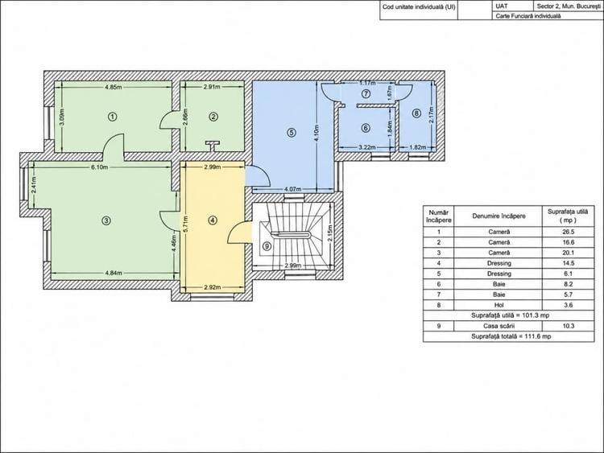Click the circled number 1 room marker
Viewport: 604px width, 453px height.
[x=112, y=116]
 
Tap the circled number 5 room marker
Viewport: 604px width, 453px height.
[x=292, y=133]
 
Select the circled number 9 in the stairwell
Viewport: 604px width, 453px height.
[x=267, y=245]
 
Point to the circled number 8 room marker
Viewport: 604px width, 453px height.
[x=416, y=113]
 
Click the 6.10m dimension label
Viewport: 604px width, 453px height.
[x=99, y=167]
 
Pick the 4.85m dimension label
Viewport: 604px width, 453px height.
[x=114, y=87]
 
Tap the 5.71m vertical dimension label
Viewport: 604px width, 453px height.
[x=186, y=224]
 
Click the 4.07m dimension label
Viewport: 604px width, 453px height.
[x=293, y=189]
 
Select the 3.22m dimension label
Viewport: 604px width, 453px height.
[x=367, y=147]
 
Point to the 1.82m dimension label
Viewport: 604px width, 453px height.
[x=417, y=147]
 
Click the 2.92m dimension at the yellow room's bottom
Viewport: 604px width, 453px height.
[x=213, y=286]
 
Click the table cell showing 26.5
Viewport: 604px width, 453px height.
[x=569, y=232]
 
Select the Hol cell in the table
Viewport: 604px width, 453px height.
[x=499, y=305]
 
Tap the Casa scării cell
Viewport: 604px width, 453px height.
[x=499, y=326]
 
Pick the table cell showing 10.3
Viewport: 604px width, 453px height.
[x=569, y=326]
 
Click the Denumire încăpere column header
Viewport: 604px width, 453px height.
[x=499, y=216]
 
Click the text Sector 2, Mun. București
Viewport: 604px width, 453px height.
[x=569, y=6]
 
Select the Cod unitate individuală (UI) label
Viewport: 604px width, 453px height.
[x=419, y=7]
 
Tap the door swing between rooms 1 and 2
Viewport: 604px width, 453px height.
[x=167, y=120]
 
